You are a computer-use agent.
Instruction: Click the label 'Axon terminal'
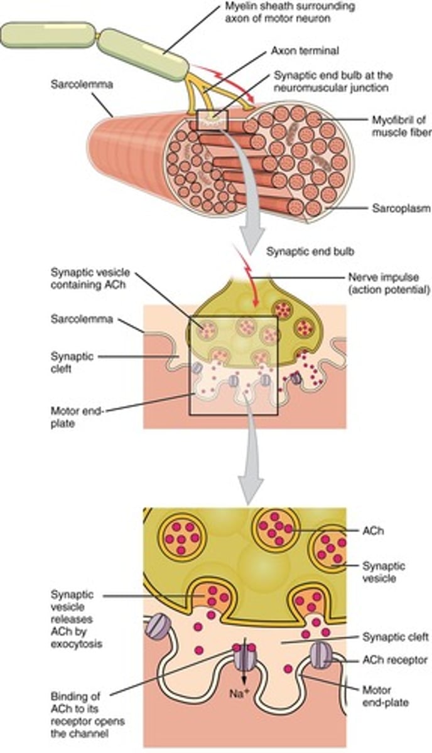click(305, 51)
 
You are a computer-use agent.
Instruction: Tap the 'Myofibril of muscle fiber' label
click(401, 125)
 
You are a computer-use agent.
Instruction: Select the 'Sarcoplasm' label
click(401, 208)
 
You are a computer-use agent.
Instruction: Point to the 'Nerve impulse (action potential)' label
click(389, 284)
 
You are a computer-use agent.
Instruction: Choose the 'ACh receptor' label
click(395, 660)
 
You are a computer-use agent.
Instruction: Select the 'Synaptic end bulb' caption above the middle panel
click(310, 252)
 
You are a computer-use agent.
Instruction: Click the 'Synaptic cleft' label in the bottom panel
click(396, 637)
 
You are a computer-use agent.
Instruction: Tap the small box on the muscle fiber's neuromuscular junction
click(212, 120)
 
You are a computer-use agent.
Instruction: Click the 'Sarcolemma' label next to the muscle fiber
click(82, 84)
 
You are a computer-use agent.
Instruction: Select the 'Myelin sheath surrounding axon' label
click(290, 12)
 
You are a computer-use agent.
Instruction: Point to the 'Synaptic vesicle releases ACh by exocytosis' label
click(77, 621)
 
